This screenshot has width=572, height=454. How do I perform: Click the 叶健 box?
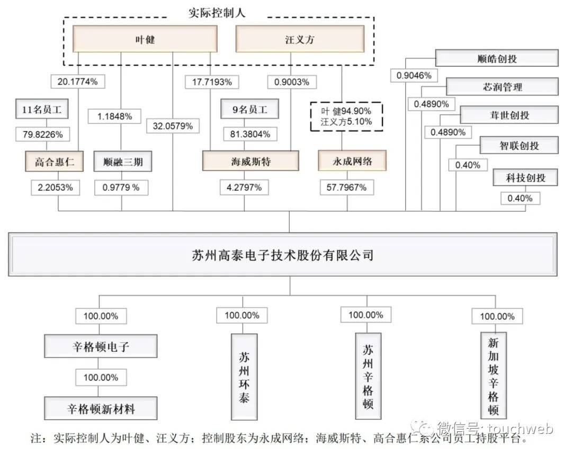[145, 39]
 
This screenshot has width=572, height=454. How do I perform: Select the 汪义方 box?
[300, 39]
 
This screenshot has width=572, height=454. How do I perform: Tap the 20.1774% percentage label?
[78, 82]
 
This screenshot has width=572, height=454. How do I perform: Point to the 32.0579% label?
[173, 126]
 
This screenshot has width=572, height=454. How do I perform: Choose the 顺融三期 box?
[122, 162]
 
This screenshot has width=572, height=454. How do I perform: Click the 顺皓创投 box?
[497, 58]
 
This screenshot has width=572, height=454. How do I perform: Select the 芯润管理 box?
[502, 86]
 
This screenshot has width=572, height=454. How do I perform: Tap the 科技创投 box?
[525, 177]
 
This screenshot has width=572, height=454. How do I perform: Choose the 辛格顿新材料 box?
[101, 408]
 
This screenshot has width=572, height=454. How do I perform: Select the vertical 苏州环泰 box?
[244, 377]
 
